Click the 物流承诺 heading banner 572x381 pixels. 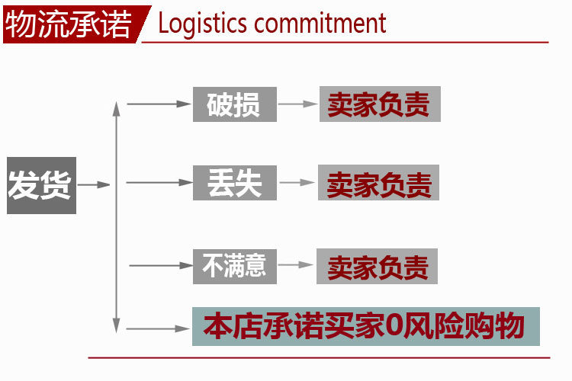coord(69,24)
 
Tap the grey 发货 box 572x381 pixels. coord(41,184)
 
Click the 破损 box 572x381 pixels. coord(233,104)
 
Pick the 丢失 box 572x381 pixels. coord(233,183)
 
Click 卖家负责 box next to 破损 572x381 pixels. coord(379,104)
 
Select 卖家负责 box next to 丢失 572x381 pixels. coord(378,184)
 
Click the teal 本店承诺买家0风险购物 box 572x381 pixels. coord(365,326)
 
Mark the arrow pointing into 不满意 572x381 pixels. coord(161,265)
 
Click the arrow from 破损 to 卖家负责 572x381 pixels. coord(298,104)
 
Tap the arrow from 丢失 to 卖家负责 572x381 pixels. coord(298,183)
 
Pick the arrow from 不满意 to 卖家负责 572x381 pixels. coord(295,265)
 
